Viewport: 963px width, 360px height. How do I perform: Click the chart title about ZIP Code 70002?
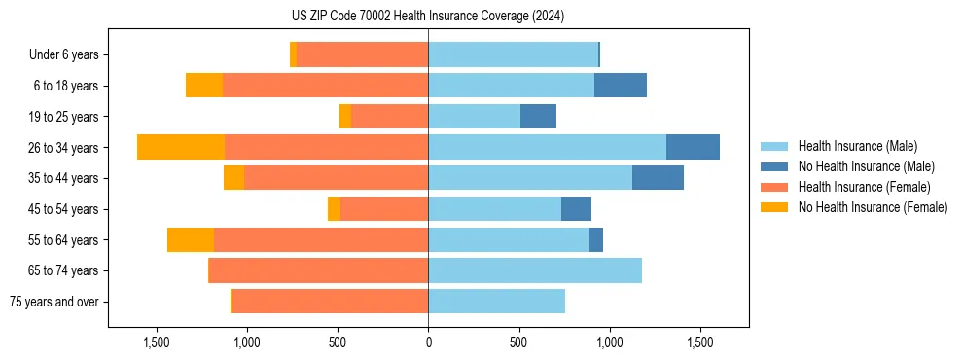tap(428, 17)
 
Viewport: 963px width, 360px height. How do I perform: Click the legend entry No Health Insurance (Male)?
tap(863, 166)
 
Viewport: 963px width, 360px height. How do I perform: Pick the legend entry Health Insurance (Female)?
tap(863, 187)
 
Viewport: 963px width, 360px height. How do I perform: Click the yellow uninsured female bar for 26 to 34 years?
tap(181, 147)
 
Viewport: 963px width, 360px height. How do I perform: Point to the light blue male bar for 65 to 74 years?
tap(535, 270)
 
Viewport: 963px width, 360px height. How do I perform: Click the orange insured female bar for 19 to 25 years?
tap(390, 117)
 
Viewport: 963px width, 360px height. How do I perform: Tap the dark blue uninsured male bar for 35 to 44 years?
tap(658, 178)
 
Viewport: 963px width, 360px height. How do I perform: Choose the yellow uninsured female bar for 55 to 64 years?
tap(191, 239)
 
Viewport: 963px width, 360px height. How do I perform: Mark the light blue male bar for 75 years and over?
tap(496, 302)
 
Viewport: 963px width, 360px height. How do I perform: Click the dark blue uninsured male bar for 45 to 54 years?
tap(576, 209)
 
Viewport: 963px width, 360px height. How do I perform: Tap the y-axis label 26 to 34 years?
tap(65, 147)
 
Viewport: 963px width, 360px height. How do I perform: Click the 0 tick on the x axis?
tap(428, 342)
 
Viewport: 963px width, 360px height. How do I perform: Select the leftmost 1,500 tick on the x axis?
tap(157, 342)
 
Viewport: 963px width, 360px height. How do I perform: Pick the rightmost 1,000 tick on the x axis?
tap(609, 342)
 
